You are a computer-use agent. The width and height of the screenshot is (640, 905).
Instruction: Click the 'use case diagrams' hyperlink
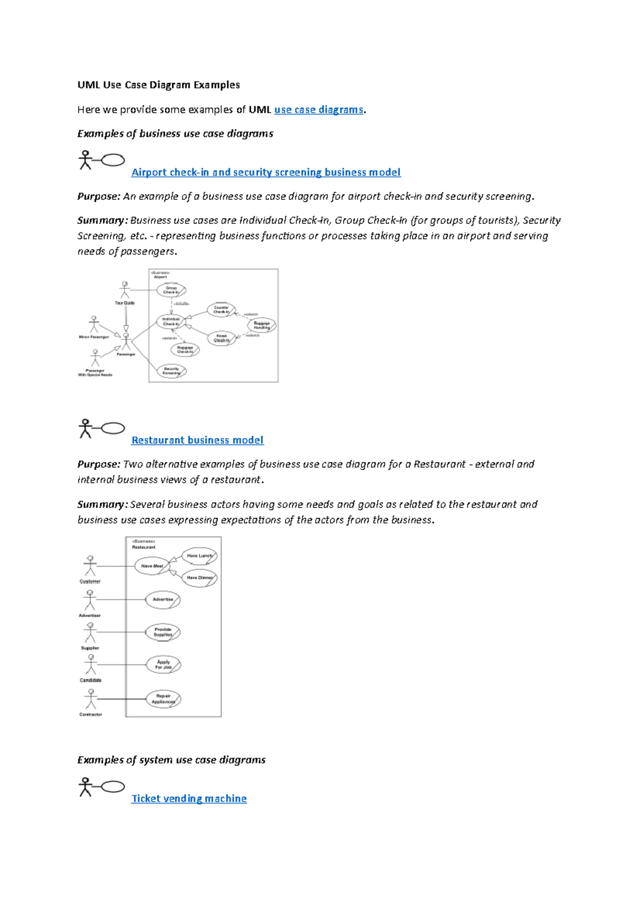(318, 110)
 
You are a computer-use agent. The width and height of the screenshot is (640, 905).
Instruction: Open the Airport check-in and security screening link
(266, 172)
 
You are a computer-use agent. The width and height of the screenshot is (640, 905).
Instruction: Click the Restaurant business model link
(197, 440)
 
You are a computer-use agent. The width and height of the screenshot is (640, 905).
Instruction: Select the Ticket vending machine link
(189, 798)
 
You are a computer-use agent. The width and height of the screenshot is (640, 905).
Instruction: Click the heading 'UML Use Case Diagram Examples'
(158, 85)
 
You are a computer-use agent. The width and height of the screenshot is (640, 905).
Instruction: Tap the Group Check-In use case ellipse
(171, 290)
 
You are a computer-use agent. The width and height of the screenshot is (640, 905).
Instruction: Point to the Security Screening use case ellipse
(171, 371)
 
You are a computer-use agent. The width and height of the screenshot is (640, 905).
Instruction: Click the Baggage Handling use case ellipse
(261, 325)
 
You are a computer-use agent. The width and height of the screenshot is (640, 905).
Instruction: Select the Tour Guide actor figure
(125, 290)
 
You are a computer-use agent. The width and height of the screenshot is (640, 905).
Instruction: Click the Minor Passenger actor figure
(94, 324)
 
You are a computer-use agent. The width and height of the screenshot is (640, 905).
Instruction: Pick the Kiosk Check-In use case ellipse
(221, 338)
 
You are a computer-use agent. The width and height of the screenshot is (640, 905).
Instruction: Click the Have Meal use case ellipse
(152, 566)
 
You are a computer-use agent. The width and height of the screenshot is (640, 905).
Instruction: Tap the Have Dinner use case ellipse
(199, 578)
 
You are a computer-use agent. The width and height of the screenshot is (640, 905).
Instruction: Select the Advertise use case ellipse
(163, 600)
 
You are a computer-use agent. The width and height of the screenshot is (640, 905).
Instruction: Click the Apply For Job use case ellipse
(163, 665)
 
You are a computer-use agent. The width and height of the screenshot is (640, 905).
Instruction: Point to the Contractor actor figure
(91, 699)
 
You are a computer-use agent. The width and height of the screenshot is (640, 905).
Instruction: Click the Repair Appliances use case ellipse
(163, 699)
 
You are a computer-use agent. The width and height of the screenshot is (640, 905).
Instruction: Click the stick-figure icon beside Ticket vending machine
(85, 787)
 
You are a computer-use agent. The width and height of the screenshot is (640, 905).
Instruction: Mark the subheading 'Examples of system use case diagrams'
(171, 760)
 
